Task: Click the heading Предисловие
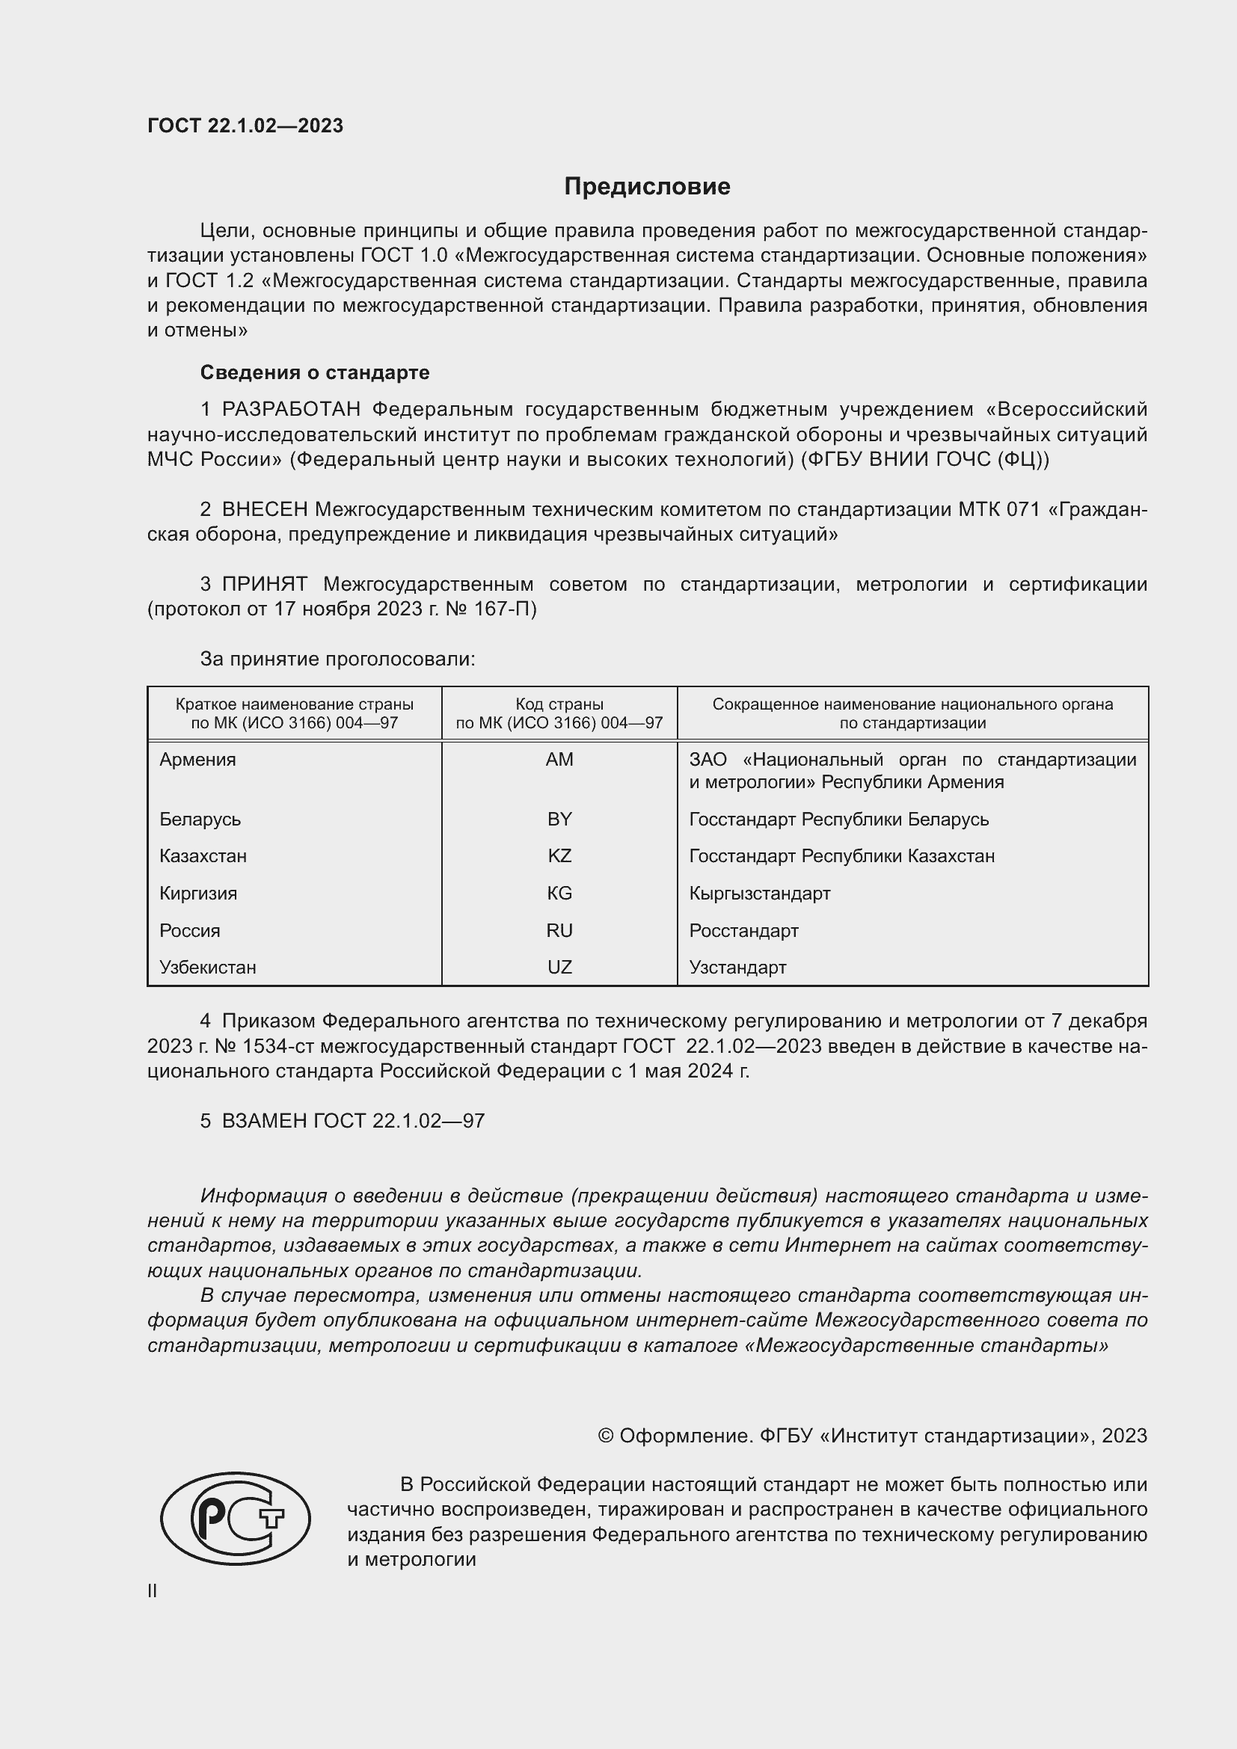(x=647, y=187)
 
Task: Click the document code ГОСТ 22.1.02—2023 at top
(x=245, y=126)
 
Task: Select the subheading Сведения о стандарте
(x=315, y=372)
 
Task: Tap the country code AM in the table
(x=559, y=760)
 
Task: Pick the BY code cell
(x=559, y=819)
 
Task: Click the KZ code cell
(x=559, y=855)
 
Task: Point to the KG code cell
(x=559, y=893)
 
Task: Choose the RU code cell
(x=559, y=930)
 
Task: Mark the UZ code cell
(x=559, y=967)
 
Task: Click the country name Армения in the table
(x=198, y=760)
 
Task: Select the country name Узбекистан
(x=208, y=967)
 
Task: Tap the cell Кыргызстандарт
(x=759, y=893)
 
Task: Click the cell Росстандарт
(x=743, y=930)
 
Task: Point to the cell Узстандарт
(x=737, y=967)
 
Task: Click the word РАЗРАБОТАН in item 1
(x=291, y=410)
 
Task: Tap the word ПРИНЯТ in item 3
(x=264, y=584)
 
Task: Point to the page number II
(x=153, y=1590)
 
